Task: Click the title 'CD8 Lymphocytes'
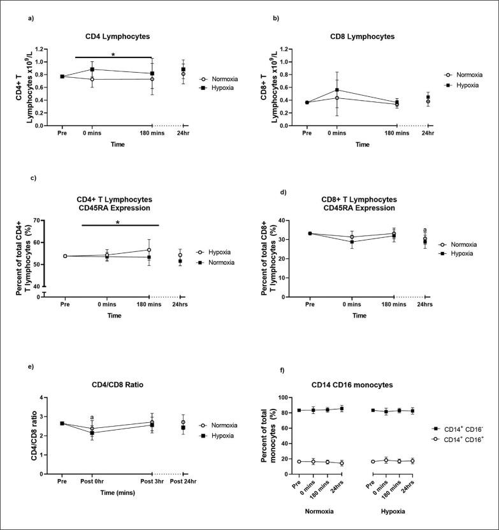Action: [363, 36]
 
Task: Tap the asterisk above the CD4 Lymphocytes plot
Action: [113, 53]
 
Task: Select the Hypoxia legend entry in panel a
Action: [224, 87]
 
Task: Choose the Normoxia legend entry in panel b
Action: [470, 75]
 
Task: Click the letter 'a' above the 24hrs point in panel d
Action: [425, 230]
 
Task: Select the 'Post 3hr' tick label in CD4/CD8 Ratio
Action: [151, 482]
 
